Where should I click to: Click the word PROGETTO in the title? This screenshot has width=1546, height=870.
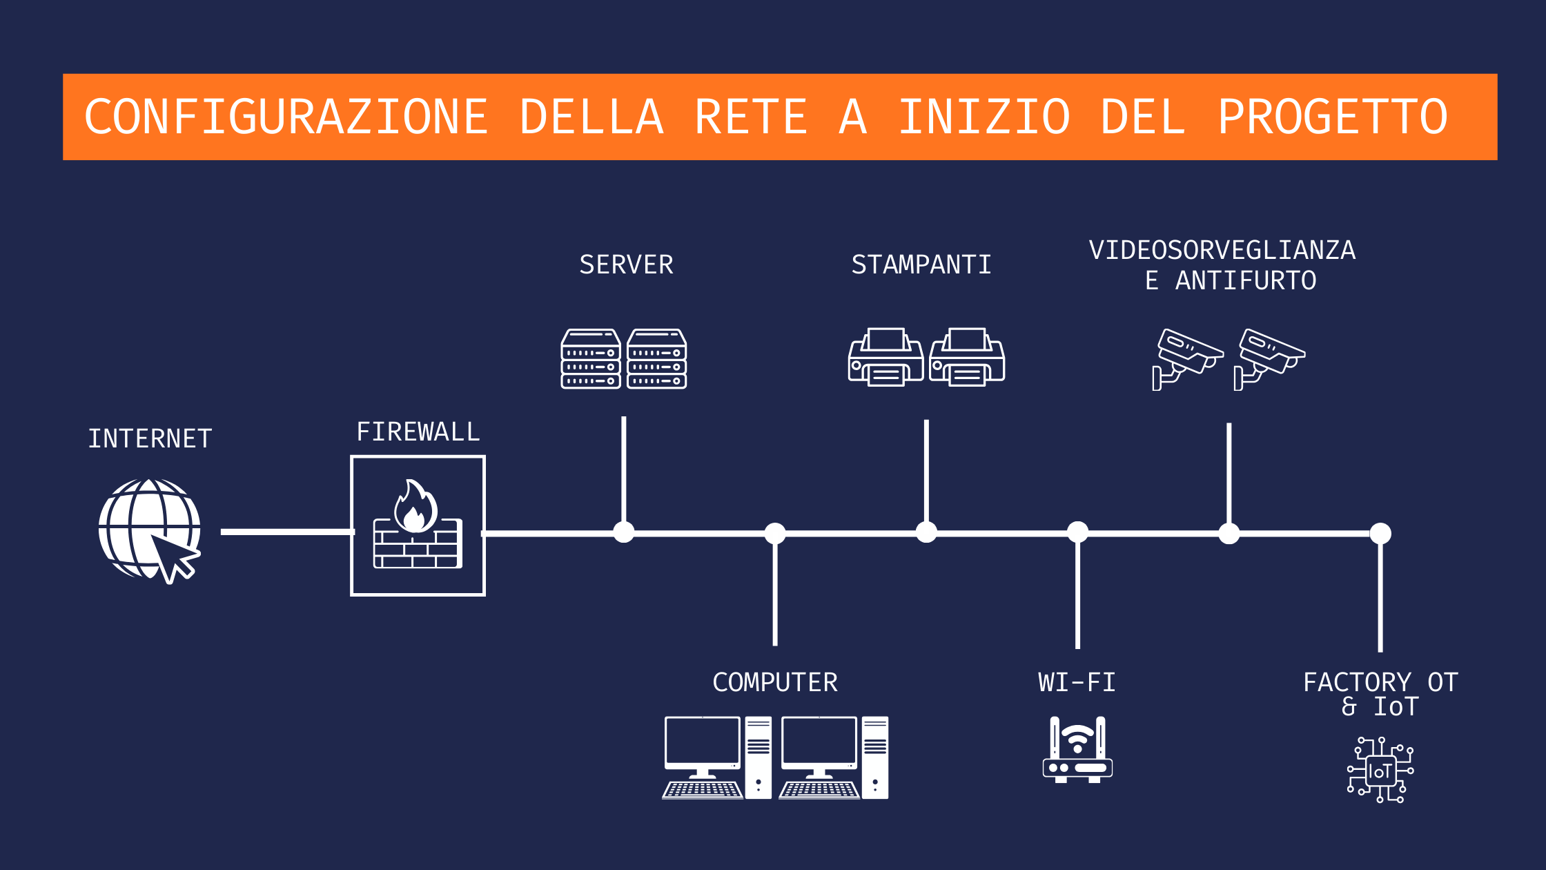(x=1332, y=117)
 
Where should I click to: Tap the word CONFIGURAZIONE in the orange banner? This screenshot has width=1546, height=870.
(x=286, y=117)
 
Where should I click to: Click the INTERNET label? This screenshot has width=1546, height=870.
(x=150, y=439)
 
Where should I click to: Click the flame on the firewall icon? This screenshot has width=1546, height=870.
(x=415, y=507)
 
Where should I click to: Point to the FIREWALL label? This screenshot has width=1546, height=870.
(x=418, y=432)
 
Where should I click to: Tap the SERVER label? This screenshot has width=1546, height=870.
(x=626, y=265)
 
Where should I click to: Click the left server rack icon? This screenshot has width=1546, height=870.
(x=591, y=359)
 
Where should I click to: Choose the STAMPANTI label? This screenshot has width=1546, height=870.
(x=921, y=265)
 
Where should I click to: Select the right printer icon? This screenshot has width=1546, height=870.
(x=967, y=357)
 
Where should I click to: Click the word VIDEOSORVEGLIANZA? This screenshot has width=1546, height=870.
(x=1222, y=250)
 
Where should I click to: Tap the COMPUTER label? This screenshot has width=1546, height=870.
(x=774, y=683)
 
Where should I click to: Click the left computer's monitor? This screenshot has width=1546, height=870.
(x=702, y=743)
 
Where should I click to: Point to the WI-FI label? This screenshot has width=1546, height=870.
(x=1077, y=683)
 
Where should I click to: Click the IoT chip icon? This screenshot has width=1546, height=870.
(x=1380, y=771)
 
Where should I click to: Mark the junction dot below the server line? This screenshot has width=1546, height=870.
(x=624, y=532)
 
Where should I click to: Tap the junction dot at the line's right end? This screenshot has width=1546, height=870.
(x=1380, y=533)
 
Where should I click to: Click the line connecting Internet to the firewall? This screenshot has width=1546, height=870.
(x=286, y=532)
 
